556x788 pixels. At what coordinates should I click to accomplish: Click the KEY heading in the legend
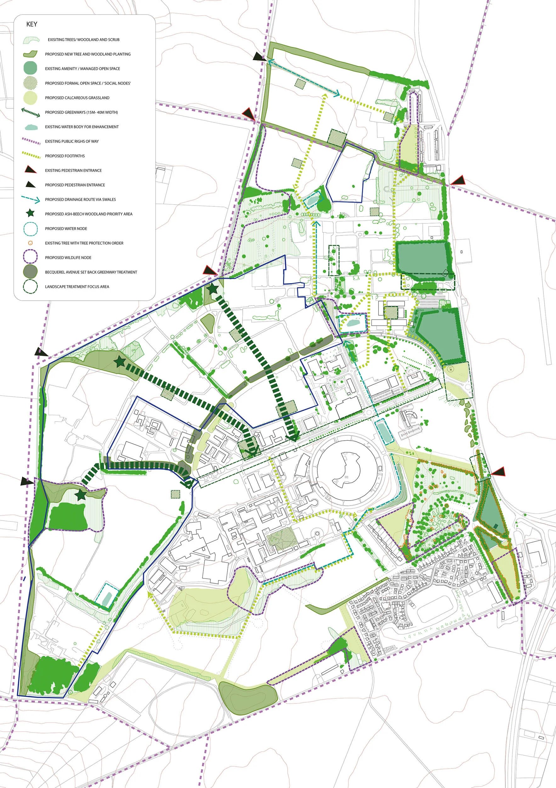(31, 24)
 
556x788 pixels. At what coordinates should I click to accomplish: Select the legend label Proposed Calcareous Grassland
(77, 98)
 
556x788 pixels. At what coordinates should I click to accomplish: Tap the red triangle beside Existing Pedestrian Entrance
(30, 170)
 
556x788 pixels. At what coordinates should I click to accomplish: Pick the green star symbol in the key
(30, 213)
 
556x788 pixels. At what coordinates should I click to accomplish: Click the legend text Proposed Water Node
(66, 229)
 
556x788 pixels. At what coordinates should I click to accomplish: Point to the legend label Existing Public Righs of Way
(72, 142)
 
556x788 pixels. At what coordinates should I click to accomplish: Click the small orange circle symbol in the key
(30, 243)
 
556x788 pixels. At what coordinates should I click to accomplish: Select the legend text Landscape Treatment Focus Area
(77, 287)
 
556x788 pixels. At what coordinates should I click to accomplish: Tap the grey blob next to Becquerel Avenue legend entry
(30, 272)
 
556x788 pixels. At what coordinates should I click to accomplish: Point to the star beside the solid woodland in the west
(81, 495)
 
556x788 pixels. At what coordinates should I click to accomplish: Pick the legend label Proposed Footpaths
(65, 156)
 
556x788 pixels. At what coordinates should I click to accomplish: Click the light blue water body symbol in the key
(31, 127)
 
